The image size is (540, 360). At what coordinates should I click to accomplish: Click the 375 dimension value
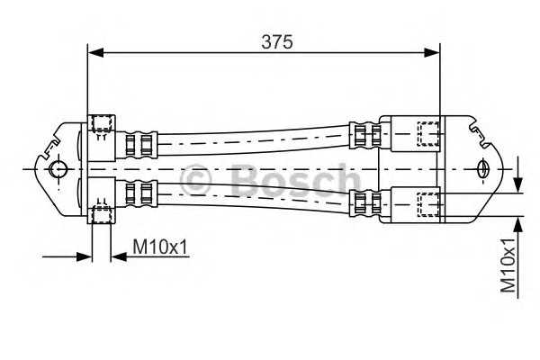(x=277, y=40)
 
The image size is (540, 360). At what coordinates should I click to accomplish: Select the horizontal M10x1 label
(x=161, y=246)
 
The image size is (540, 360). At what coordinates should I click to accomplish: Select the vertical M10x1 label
(x=509, y=265)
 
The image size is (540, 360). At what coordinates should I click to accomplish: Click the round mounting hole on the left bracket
(x=58, y=169)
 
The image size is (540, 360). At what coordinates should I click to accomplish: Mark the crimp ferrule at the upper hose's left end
(x=140, y=142)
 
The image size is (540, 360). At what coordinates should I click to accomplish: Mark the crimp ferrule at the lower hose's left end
(x=140, y=193)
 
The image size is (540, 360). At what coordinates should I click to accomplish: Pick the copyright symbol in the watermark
(x=196, y=181)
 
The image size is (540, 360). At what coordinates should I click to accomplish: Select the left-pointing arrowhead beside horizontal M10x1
(x=118, y=256)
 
